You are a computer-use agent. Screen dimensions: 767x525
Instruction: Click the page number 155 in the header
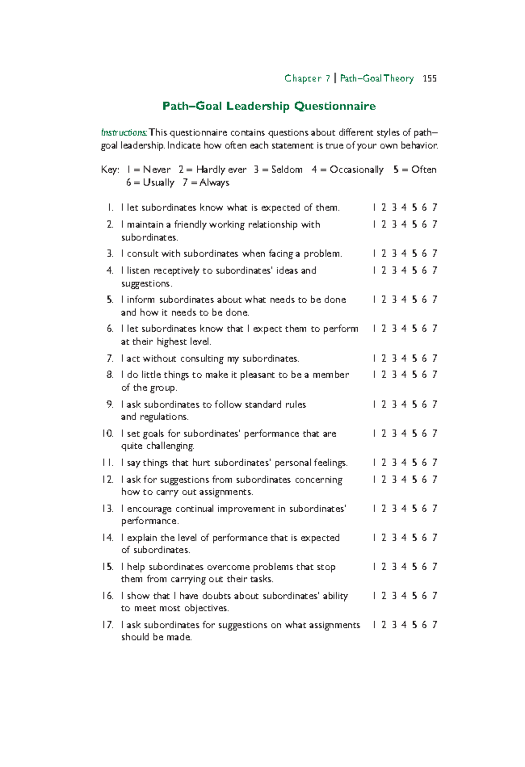430,79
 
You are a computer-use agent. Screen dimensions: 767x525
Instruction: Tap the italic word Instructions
124,132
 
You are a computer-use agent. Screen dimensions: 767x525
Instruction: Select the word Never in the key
157,170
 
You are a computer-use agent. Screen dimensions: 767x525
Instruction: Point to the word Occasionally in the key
356,170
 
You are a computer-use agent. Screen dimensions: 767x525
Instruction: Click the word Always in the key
214,183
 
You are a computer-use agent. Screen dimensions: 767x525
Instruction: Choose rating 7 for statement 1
434,208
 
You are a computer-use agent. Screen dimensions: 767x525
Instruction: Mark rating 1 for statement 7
374,359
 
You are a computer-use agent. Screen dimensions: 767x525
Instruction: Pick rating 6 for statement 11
424,463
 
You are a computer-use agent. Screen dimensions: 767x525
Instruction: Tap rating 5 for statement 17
414,625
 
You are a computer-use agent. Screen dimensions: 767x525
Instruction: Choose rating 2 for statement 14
384,538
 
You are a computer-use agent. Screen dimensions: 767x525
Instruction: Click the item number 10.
107,434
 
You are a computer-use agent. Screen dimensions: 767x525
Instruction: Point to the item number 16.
107,596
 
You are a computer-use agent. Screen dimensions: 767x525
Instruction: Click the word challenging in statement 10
170,446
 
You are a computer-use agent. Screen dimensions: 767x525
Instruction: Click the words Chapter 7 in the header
307,79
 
